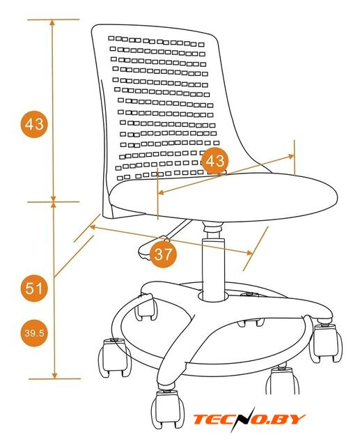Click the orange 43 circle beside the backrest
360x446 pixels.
tap(34, 124)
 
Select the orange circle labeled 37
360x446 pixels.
tap(163, 254)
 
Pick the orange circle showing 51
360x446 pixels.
tap(34, 288)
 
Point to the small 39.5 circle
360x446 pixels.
tap(34, 333)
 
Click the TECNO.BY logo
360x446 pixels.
tap(249, 419)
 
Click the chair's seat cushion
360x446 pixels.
tap(224, 197)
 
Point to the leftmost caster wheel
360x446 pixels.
tap(114, 357)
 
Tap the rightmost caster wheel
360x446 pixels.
tap(326, 344)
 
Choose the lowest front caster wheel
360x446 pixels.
tap(168, 409)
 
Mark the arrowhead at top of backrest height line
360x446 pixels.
tap(52, 22)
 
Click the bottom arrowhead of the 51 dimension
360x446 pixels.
tap(54, 376)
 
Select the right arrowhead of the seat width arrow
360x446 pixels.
tap(291, 156)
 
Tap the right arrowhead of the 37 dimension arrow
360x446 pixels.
tap(249, 252)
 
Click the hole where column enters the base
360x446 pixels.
tap(213, 295)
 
